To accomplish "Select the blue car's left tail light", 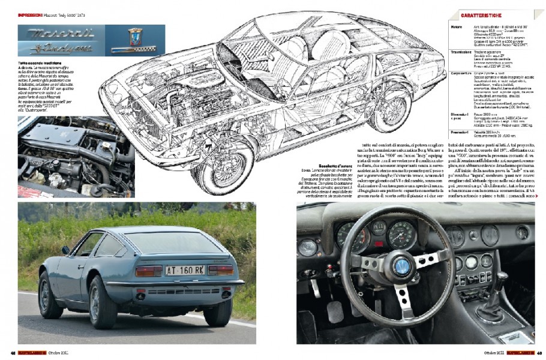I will pos(149,271).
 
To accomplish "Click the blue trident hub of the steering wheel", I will pos(401,265).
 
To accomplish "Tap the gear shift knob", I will pos(501,277).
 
